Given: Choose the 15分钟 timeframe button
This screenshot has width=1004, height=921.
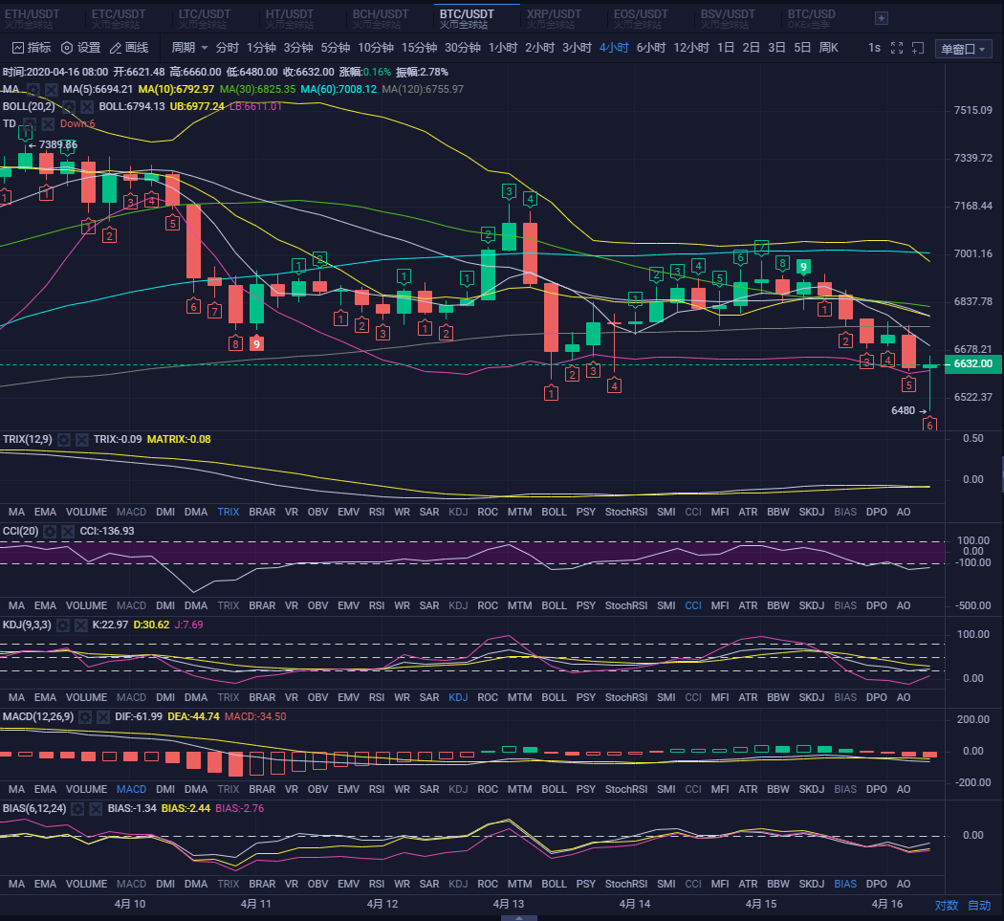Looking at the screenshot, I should pos(419,48).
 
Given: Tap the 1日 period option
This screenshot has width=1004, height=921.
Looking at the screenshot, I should pos(726,48).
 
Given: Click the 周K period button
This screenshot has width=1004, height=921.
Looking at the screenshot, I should pos(828,48).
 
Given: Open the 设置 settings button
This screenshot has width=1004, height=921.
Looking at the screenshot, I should pos(80,48).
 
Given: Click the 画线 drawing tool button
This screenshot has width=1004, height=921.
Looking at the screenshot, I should pos(129,48).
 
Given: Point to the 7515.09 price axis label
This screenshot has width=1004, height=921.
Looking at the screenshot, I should pos(973,111).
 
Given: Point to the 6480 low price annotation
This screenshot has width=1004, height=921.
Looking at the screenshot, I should pos(903,410).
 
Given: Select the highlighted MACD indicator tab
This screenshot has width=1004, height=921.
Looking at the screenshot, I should pos(131,789).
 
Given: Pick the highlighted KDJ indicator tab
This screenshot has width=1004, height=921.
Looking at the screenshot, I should pos(458,697).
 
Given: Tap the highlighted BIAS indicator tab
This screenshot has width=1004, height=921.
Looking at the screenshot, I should pos(845,884).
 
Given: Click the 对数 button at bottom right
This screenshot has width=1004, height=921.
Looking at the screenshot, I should pos(946,905).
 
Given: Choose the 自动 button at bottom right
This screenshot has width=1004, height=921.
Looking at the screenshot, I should pos(979,905).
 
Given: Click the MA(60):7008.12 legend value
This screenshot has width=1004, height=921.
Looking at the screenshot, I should pos(338,89).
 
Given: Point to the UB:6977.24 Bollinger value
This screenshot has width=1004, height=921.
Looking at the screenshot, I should pos(197,106).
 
